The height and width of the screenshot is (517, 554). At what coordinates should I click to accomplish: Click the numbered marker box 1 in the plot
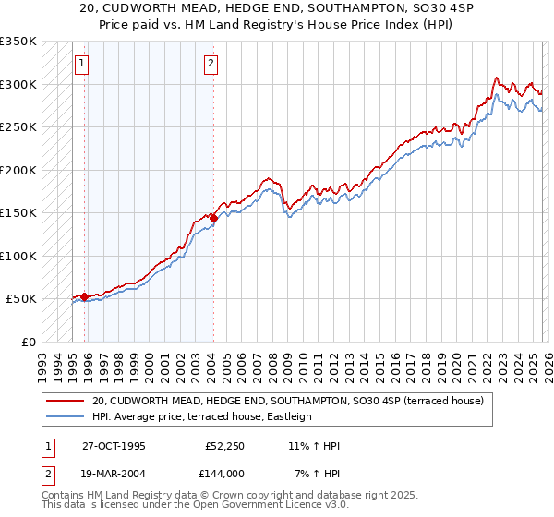click(x=82, y=64)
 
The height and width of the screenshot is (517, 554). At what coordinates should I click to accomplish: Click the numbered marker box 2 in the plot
click(x=211, y=64)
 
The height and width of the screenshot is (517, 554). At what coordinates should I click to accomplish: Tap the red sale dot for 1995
click(x=85, y=296)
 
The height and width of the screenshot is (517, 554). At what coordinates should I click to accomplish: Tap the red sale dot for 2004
click(x=213, y=218)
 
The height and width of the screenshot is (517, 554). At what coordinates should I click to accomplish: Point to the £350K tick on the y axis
click(x=18, y=42)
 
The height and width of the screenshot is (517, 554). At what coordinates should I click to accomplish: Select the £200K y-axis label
click(x=18, y=170)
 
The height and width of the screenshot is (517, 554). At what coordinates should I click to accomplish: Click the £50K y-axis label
click(x=22, y=299)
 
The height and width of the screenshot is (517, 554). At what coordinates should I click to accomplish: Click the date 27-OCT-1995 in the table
click(x=114, y=446)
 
